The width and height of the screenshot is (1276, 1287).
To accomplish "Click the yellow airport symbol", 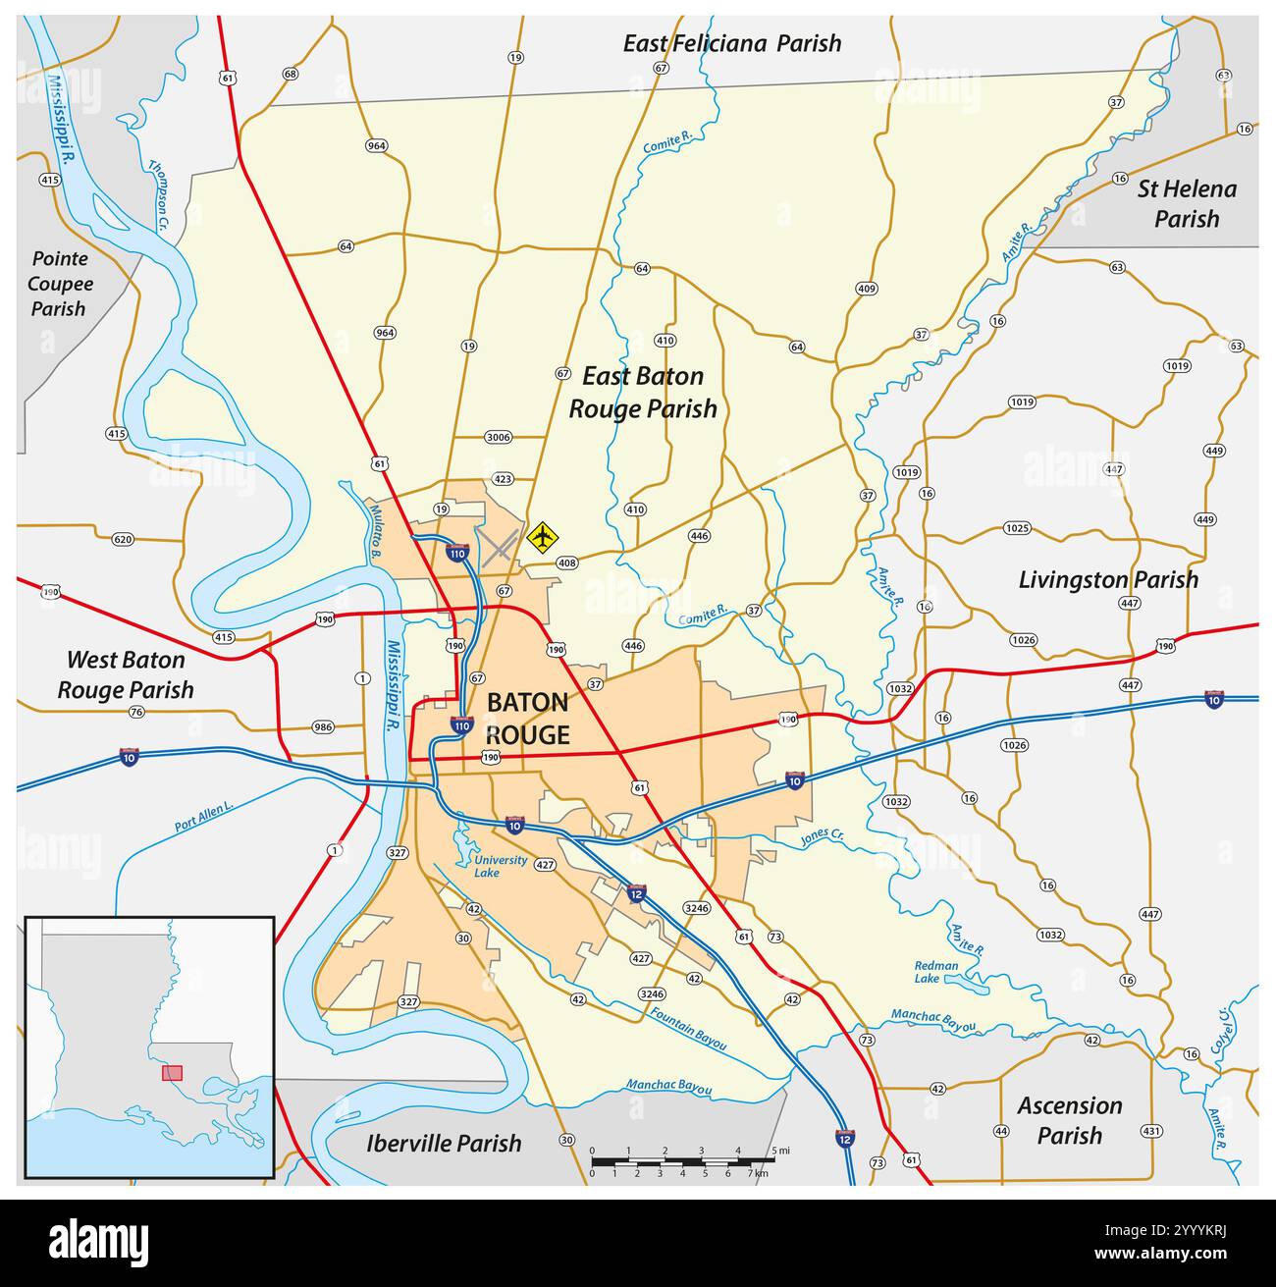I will (542, 537).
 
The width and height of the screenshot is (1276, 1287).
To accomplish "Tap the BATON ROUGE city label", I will (527, 718).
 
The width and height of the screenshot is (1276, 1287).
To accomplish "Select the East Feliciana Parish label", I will (731, 43).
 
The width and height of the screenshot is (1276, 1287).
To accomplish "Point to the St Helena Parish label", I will (1186, 203).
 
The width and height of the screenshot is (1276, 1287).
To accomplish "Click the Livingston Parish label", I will (1107, 579).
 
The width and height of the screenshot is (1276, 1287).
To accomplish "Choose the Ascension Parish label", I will (1069, 1120).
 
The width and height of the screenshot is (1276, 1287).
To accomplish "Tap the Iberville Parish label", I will (444, 1143).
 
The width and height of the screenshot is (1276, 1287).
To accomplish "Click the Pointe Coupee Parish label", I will (60, 284).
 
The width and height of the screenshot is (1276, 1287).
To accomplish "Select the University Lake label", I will (501, 866).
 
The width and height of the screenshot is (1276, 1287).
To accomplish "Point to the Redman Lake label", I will (936, 972).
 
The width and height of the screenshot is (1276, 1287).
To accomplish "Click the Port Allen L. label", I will (204, 817).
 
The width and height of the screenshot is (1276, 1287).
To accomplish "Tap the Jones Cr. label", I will (822, 837).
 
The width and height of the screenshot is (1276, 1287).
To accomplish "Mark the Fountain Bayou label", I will (687, 1025).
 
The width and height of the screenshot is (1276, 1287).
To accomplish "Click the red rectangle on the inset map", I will (172, 1073).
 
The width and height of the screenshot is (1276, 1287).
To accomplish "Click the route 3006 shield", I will (499, 437).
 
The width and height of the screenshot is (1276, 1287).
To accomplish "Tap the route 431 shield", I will (1151, 1131).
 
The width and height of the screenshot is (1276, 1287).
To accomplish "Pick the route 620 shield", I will (123, 539).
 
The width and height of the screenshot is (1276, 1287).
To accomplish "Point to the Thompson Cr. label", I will (160, 193).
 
